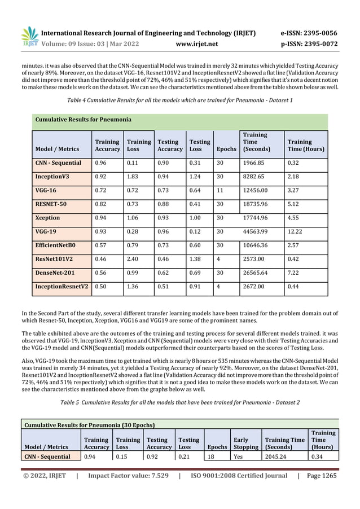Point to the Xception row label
(48, 218)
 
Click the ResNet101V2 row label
(55, 258)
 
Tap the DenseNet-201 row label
(56, 273)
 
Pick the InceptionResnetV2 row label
(62, 286)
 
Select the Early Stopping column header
(245, 443)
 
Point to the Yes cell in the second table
(239, 457)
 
